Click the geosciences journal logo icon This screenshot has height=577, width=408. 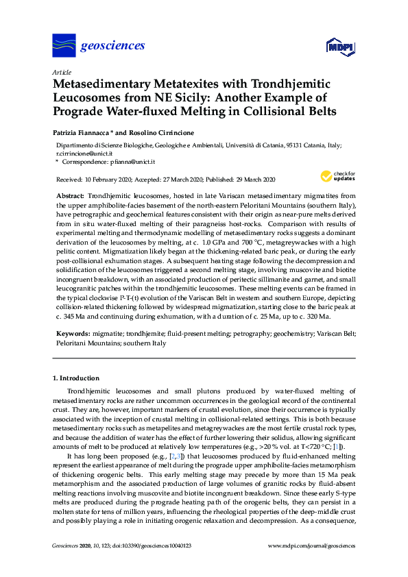click(64, 46)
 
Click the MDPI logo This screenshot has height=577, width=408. click(340, 47)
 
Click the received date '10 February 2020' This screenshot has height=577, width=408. click(108, 180)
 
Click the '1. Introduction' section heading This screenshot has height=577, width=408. click(76, 378)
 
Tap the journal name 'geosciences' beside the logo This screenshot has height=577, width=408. click(112, 46)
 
